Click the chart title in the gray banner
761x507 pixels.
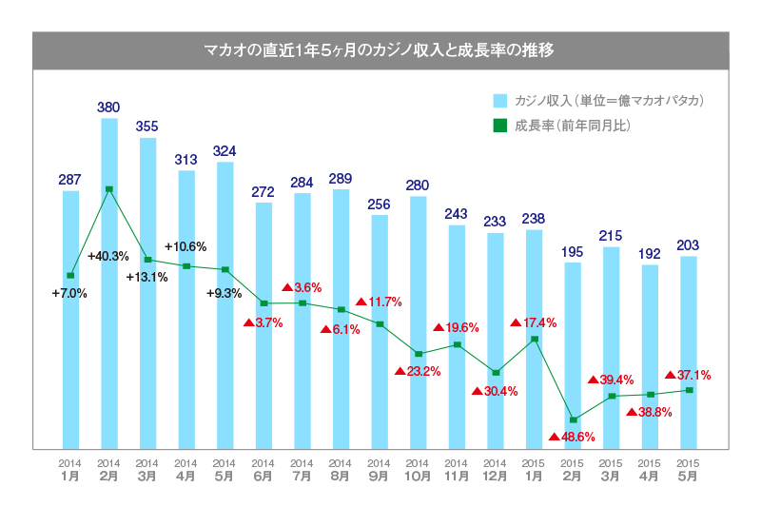pyautogui.click(x=380, y=50)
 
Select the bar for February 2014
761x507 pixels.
pyautogui.click(x=109, y=285)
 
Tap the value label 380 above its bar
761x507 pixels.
pyautogui.click(x=109, y=107)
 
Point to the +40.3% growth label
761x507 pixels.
pyautogui.click(x=107, y=256)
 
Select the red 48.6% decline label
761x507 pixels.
pyautogui.click(x=573, y=438)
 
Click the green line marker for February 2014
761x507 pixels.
pyautogui.click(x=109, y=189)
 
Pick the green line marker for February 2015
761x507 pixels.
pyautogui.click(x=573, y=419)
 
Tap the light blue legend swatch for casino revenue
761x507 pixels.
pyautogui.click(x=499, y=101)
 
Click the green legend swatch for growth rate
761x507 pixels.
pyautogui.click(x=499, y=125)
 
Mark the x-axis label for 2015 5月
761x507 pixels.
pyautogui.click(x=689, y=470)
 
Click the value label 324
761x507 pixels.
pyautogui.click(x=224, y=151)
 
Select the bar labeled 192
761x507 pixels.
pyautogui.click(x=651, y=357)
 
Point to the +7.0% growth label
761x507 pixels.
pyautogui.click(x=69, y=294)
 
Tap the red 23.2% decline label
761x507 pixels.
pyautogui.click(x=418, y=371)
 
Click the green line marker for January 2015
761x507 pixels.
pyautogui.click(x=535, y=339)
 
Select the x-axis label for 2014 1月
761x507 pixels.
pyautogui.click(x=70, y=470)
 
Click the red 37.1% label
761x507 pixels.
pyautogui.click(x=688, y=375)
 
